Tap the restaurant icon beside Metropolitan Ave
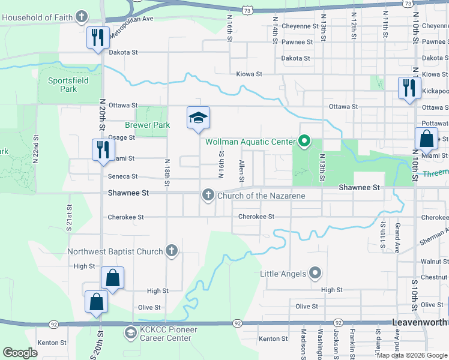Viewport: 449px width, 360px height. click(96, 38)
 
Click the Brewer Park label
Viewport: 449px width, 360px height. click(147, 125)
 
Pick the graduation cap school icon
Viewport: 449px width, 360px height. click(198, 117)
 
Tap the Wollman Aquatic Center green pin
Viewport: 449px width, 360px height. click(304, 142)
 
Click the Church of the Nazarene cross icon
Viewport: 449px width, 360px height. click(208, 195)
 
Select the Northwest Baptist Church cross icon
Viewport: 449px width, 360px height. click(172, 251)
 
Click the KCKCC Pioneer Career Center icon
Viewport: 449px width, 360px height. click(130, 332)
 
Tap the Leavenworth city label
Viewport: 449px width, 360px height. click(420, 322)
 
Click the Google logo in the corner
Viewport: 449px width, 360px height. click(20, 353)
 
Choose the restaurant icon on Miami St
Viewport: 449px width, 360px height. click(103, 149)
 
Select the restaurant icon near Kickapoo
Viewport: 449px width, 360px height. click(408, 88)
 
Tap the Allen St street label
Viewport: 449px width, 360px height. click(241, 171)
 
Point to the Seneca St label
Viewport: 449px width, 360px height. click(122, 176)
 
